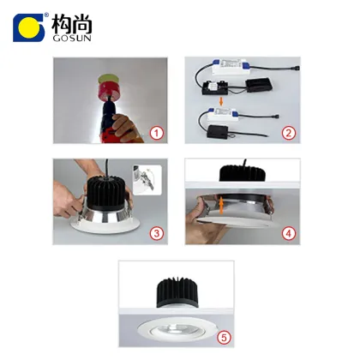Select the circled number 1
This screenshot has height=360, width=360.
pos(155,133)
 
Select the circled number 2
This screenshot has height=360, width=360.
pos(288,133)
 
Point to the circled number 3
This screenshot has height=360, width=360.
pos(155,233)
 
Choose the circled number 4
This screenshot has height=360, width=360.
pos(288,233)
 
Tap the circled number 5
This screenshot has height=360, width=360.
pos(225,337)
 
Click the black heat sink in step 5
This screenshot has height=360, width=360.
pos(178,295)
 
